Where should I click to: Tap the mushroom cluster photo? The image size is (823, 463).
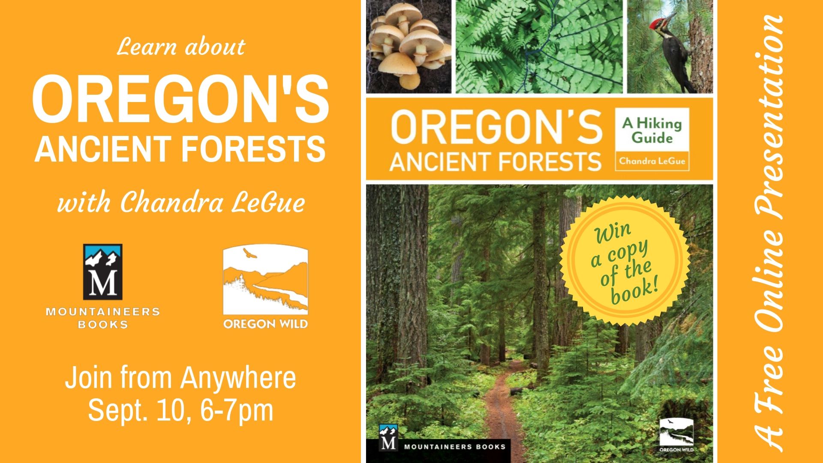click(409, 46)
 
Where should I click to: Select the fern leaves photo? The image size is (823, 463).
click(539, 46)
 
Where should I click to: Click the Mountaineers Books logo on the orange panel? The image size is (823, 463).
click(103, 286)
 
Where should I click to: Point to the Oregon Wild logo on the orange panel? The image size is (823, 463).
click(265, 286)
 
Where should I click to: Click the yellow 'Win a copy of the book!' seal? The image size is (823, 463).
click(625, 261)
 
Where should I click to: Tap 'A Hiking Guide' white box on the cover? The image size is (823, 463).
click(652, 129)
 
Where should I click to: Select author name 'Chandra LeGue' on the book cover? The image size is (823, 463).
click(652, 162)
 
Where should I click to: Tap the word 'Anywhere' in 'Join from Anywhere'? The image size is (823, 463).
click(238, 379)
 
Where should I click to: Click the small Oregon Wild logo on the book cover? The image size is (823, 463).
click(676, 435)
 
